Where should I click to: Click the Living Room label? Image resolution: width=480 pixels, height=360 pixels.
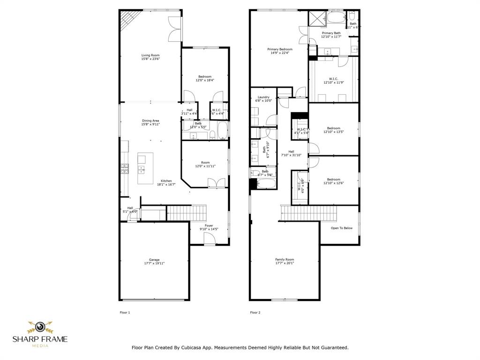pos(150,55)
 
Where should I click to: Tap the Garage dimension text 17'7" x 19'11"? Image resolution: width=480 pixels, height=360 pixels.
pos(154,263)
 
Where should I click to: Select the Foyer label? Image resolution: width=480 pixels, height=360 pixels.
pos(209,225)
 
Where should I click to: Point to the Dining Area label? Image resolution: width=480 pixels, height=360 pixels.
pos(150,120)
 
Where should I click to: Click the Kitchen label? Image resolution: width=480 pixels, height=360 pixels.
pos(166,181)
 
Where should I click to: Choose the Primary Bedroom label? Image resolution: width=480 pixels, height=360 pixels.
pos(280,49)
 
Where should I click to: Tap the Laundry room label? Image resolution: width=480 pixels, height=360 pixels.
pos(263,97)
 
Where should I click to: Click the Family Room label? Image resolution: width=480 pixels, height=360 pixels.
pos(285,259)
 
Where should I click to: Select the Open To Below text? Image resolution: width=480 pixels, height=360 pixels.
pos(342,228)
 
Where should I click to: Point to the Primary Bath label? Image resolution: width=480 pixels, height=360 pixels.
pos(331,33)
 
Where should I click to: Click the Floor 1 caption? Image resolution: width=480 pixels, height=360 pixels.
pos(125,312)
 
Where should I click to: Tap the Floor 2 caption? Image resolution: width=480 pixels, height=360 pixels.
pos(255,312)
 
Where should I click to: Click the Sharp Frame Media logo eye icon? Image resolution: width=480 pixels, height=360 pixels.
pos(40,326)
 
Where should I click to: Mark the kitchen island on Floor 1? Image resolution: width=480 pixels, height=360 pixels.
pos(142,169)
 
